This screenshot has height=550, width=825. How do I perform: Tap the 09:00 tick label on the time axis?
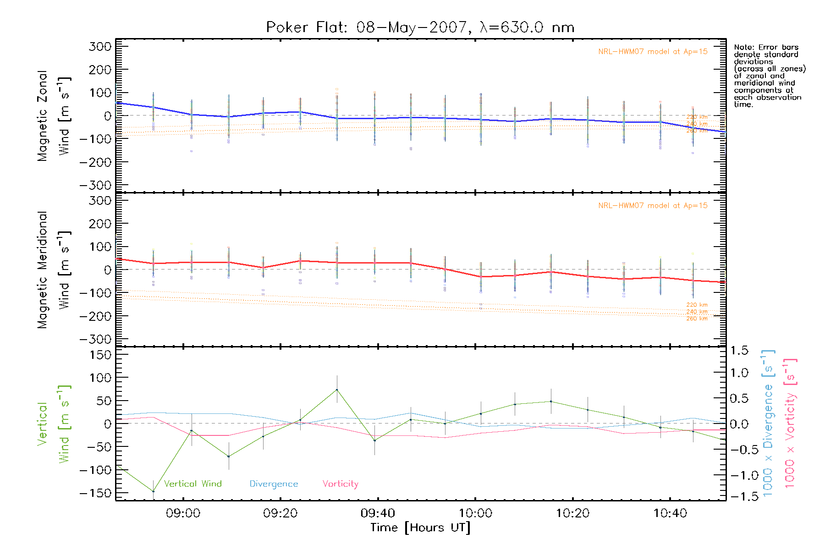[183, 513]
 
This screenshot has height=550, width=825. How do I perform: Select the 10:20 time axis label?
[572, 513]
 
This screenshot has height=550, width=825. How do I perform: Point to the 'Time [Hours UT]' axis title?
[420, 528]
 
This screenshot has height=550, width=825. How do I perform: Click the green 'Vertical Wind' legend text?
[192, 484]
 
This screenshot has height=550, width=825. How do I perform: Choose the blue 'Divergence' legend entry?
[274, 484]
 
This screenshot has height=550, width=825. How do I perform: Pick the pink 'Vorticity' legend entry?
[340, 484]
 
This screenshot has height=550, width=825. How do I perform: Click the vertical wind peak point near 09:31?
[337, 390]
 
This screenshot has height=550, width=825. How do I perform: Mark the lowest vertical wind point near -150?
[153, 491]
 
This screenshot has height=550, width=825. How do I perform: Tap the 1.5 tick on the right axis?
[739, 351]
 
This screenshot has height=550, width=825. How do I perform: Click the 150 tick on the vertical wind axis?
[100, 355]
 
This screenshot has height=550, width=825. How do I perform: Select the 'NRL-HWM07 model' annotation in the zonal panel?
[653, 52]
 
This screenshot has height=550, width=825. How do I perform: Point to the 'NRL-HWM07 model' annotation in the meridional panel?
[653, 206]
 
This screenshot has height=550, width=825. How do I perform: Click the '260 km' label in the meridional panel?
[697, 319]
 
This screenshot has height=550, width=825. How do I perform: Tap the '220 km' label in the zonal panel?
[697, 117]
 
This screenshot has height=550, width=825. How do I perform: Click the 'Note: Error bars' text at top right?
[766, 47]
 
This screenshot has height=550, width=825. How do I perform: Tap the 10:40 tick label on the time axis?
[670, 513]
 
